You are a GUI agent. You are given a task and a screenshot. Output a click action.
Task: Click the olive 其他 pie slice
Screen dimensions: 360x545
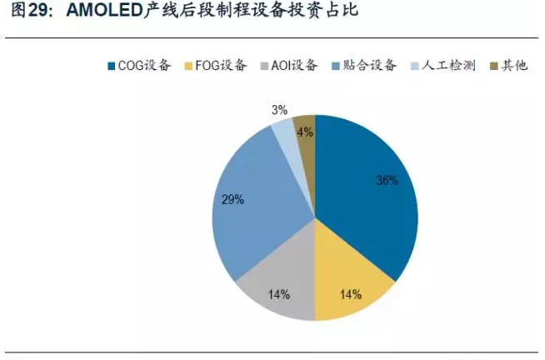306,137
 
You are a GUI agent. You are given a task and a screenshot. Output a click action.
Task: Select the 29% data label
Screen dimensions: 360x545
232,199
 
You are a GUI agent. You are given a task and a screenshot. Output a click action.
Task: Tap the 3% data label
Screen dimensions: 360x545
279,109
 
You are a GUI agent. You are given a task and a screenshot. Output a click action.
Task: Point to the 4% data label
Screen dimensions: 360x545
305,131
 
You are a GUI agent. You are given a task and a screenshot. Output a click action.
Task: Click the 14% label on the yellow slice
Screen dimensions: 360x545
350,293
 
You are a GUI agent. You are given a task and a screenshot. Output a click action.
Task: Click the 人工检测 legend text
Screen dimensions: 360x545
448,65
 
